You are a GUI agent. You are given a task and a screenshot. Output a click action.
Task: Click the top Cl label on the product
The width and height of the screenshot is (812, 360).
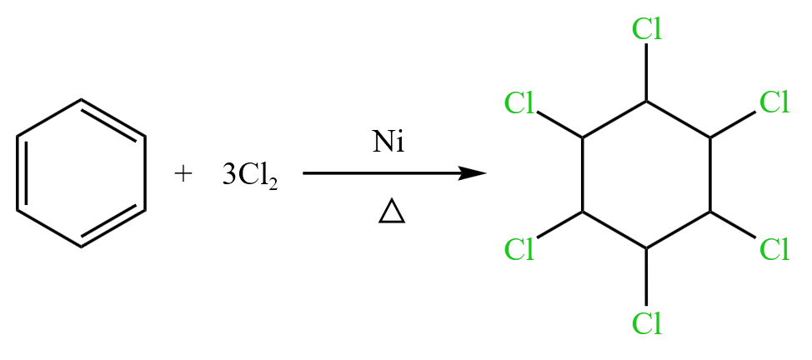tap(647, 29)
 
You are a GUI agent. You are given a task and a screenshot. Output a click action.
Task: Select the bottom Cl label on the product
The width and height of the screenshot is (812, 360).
tap(647, 322)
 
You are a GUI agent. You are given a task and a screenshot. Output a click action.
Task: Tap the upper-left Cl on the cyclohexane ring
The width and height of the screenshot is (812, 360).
tap(519, 104)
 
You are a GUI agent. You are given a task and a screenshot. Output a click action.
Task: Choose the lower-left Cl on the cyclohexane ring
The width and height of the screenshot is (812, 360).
tap(519, 248)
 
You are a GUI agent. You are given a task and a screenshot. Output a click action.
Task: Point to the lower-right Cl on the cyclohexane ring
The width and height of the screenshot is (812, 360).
tap(774, 248)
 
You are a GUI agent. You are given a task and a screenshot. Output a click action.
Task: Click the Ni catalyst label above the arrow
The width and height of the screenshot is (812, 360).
tap(388, 142)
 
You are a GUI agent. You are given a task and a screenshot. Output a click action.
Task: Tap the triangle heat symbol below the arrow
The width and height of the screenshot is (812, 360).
tap(391, 213)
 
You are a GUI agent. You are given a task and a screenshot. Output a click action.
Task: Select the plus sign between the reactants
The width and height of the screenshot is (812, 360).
tap(183, 174)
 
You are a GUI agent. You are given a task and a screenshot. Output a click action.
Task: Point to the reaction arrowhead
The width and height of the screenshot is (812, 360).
tap(474, 173)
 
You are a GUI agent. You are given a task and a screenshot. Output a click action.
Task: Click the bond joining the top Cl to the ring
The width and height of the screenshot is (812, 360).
tap(647, 72)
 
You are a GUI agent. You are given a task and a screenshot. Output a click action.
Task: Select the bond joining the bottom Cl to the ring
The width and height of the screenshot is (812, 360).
tap(647, 277)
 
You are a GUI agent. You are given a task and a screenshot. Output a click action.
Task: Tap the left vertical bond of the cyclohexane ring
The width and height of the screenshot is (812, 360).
tap(582, 175)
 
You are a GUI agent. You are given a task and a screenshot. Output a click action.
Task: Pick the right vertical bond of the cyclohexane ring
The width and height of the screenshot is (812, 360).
tap(711, 175)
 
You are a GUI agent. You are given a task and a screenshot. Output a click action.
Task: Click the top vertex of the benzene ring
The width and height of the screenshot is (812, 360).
tap(82, 100)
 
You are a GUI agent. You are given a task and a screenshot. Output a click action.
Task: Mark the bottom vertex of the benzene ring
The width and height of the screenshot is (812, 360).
tap(82, 247)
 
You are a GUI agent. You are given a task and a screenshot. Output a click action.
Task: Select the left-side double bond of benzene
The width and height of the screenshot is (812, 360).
tap(22, 174)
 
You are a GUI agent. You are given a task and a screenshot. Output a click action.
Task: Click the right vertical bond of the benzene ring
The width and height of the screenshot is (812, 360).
tap(146, 174)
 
